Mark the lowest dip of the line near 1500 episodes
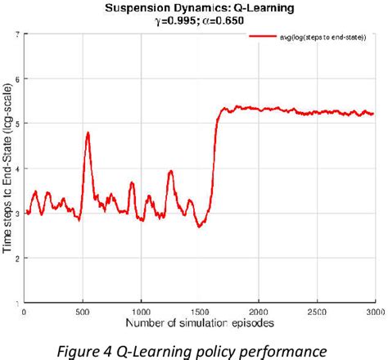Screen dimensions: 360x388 tap(199, 226)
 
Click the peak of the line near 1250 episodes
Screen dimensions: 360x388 tap(170, 172)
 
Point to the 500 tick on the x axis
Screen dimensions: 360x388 tap(83, 312)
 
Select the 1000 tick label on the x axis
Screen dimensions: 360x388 tap(142, 312)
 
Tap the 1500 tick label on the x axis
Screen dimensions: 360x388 tap(200, 312)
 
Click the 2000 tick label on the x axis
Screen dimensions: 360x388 tap(259, 312)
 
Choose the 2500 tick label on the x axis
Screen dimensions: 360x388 tap(317, 312)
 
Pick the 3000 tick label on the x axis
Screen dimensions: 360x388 tap(374, 312)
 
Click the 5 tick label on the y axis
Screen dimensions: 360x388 tap(17, 124)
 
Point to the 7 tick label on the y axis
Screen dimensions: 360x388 tap(17, 34)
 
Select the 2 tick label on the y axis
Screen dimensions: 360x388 tap(17, 258)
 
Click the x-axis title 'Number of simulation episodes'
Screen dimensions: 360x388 tap(200, 323)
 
